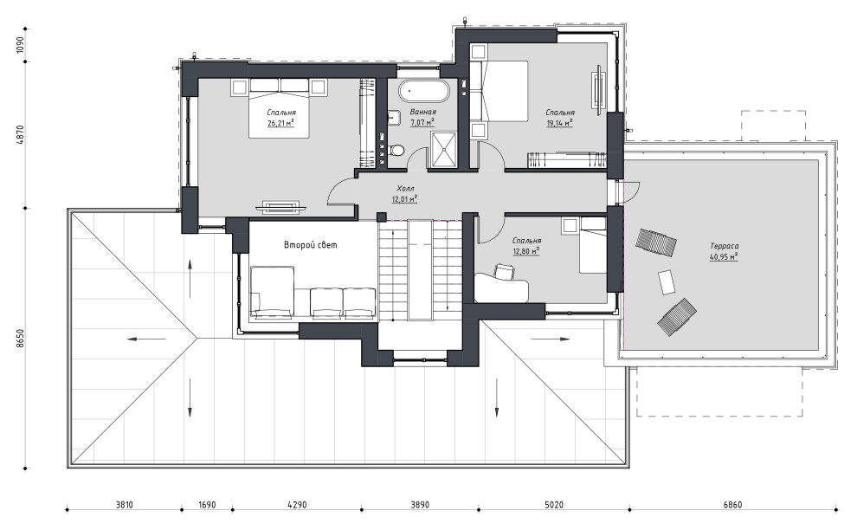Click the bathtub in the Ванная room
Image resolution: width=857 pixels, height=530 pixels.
pyautogui.click(x=423, y=91)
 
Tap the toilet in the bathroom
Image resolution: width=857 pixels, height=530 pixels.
pyautogui.click(x=397, y=149)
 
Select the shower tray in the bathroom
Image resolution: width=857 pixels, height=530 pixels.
pyautogui.click(x=443, y=148)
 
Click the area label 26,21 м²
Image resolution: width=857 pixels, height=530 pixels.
pyautogui.click(x=280, y=123)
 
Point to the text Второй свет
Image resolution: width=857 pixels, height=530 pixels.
pyautogui.click(x=311, y=244)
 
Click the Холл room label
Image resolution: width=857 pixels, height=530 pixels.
pyautogui.click(x=405, y=189)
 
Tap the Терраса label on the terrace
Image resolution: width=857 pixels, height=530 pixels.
pyautogui.click(x=725, y=246)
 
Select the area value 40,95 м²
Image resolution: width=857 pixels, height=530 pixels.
pyautogui.click(x=725, y=256)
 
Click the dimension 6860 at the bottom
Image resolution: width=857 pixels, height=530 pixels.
pyautogui.click(x=733, y=505)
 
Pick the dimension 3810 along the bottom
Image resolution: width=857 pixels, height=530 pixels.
pyautogui.click(x=125, y=505)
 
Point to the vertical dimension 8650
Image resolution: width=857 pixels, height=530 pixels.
pyautogui.click(x=20, y=338)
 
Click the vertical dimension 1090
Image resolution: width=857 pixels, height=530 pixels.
pyautogui.click(x=20, y=45)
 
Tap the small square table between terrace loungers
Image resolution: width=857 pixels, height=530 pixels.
pyautogui.click(x=667, y=282)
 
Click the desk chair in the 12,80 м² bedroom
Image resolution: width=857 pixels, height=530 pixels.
pyautogui.click(x=506, y=271)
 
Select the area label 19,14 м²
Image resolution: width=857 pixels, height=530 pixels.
pyautogui.click(x=560, y=123)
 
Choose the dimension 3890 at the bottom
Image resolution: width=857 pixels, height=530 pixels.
pyautogui.click(x=420, y=505)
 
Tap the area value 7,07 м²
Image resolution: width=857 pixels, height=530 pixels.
pyautogui.click(x=422, y=122)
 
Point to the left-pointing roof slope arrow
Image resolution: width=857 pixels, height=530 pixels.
pyautogui.click(x=146, y=339)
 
